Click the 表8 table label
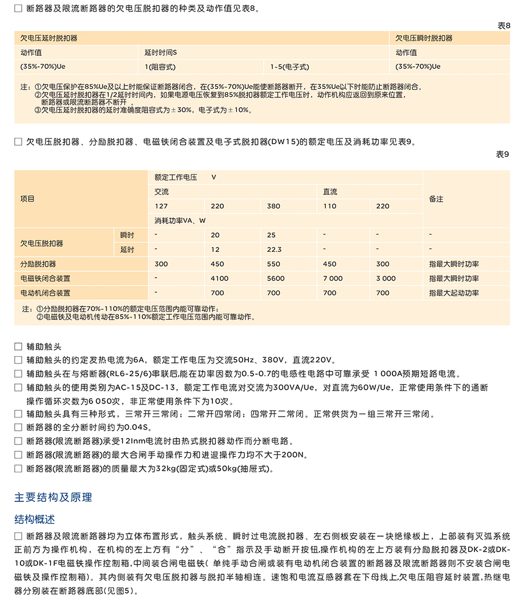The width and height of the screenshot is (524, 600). click(x=503, y=26)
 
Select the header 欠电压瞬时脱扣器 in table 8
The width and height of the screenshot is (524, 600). click(x=424, y=38)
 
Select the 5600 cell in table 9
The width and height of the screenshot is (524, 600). click(x=275, y=279)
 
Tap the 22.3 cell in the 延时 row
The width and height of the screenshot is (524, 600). click(x=274, y=250)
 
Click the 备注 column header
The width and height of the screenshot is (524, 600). click(x=436, y=199)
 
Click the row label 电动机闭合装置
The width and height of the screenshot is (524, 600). click(x=46, y=293)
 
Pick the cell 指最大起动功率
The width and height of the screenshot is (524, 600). click(x=453, y=293)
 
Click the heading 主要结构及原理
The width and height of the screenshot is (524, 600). click(x=53, y=497)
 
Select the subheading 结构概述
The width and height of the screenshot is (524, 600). click(x=35, y=520)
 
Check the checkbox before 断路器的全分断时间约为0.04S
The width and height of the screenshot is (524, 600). click(x=18, y=427)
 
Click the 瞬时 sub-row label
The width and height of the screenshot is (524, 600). click(x=127, y=235)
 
